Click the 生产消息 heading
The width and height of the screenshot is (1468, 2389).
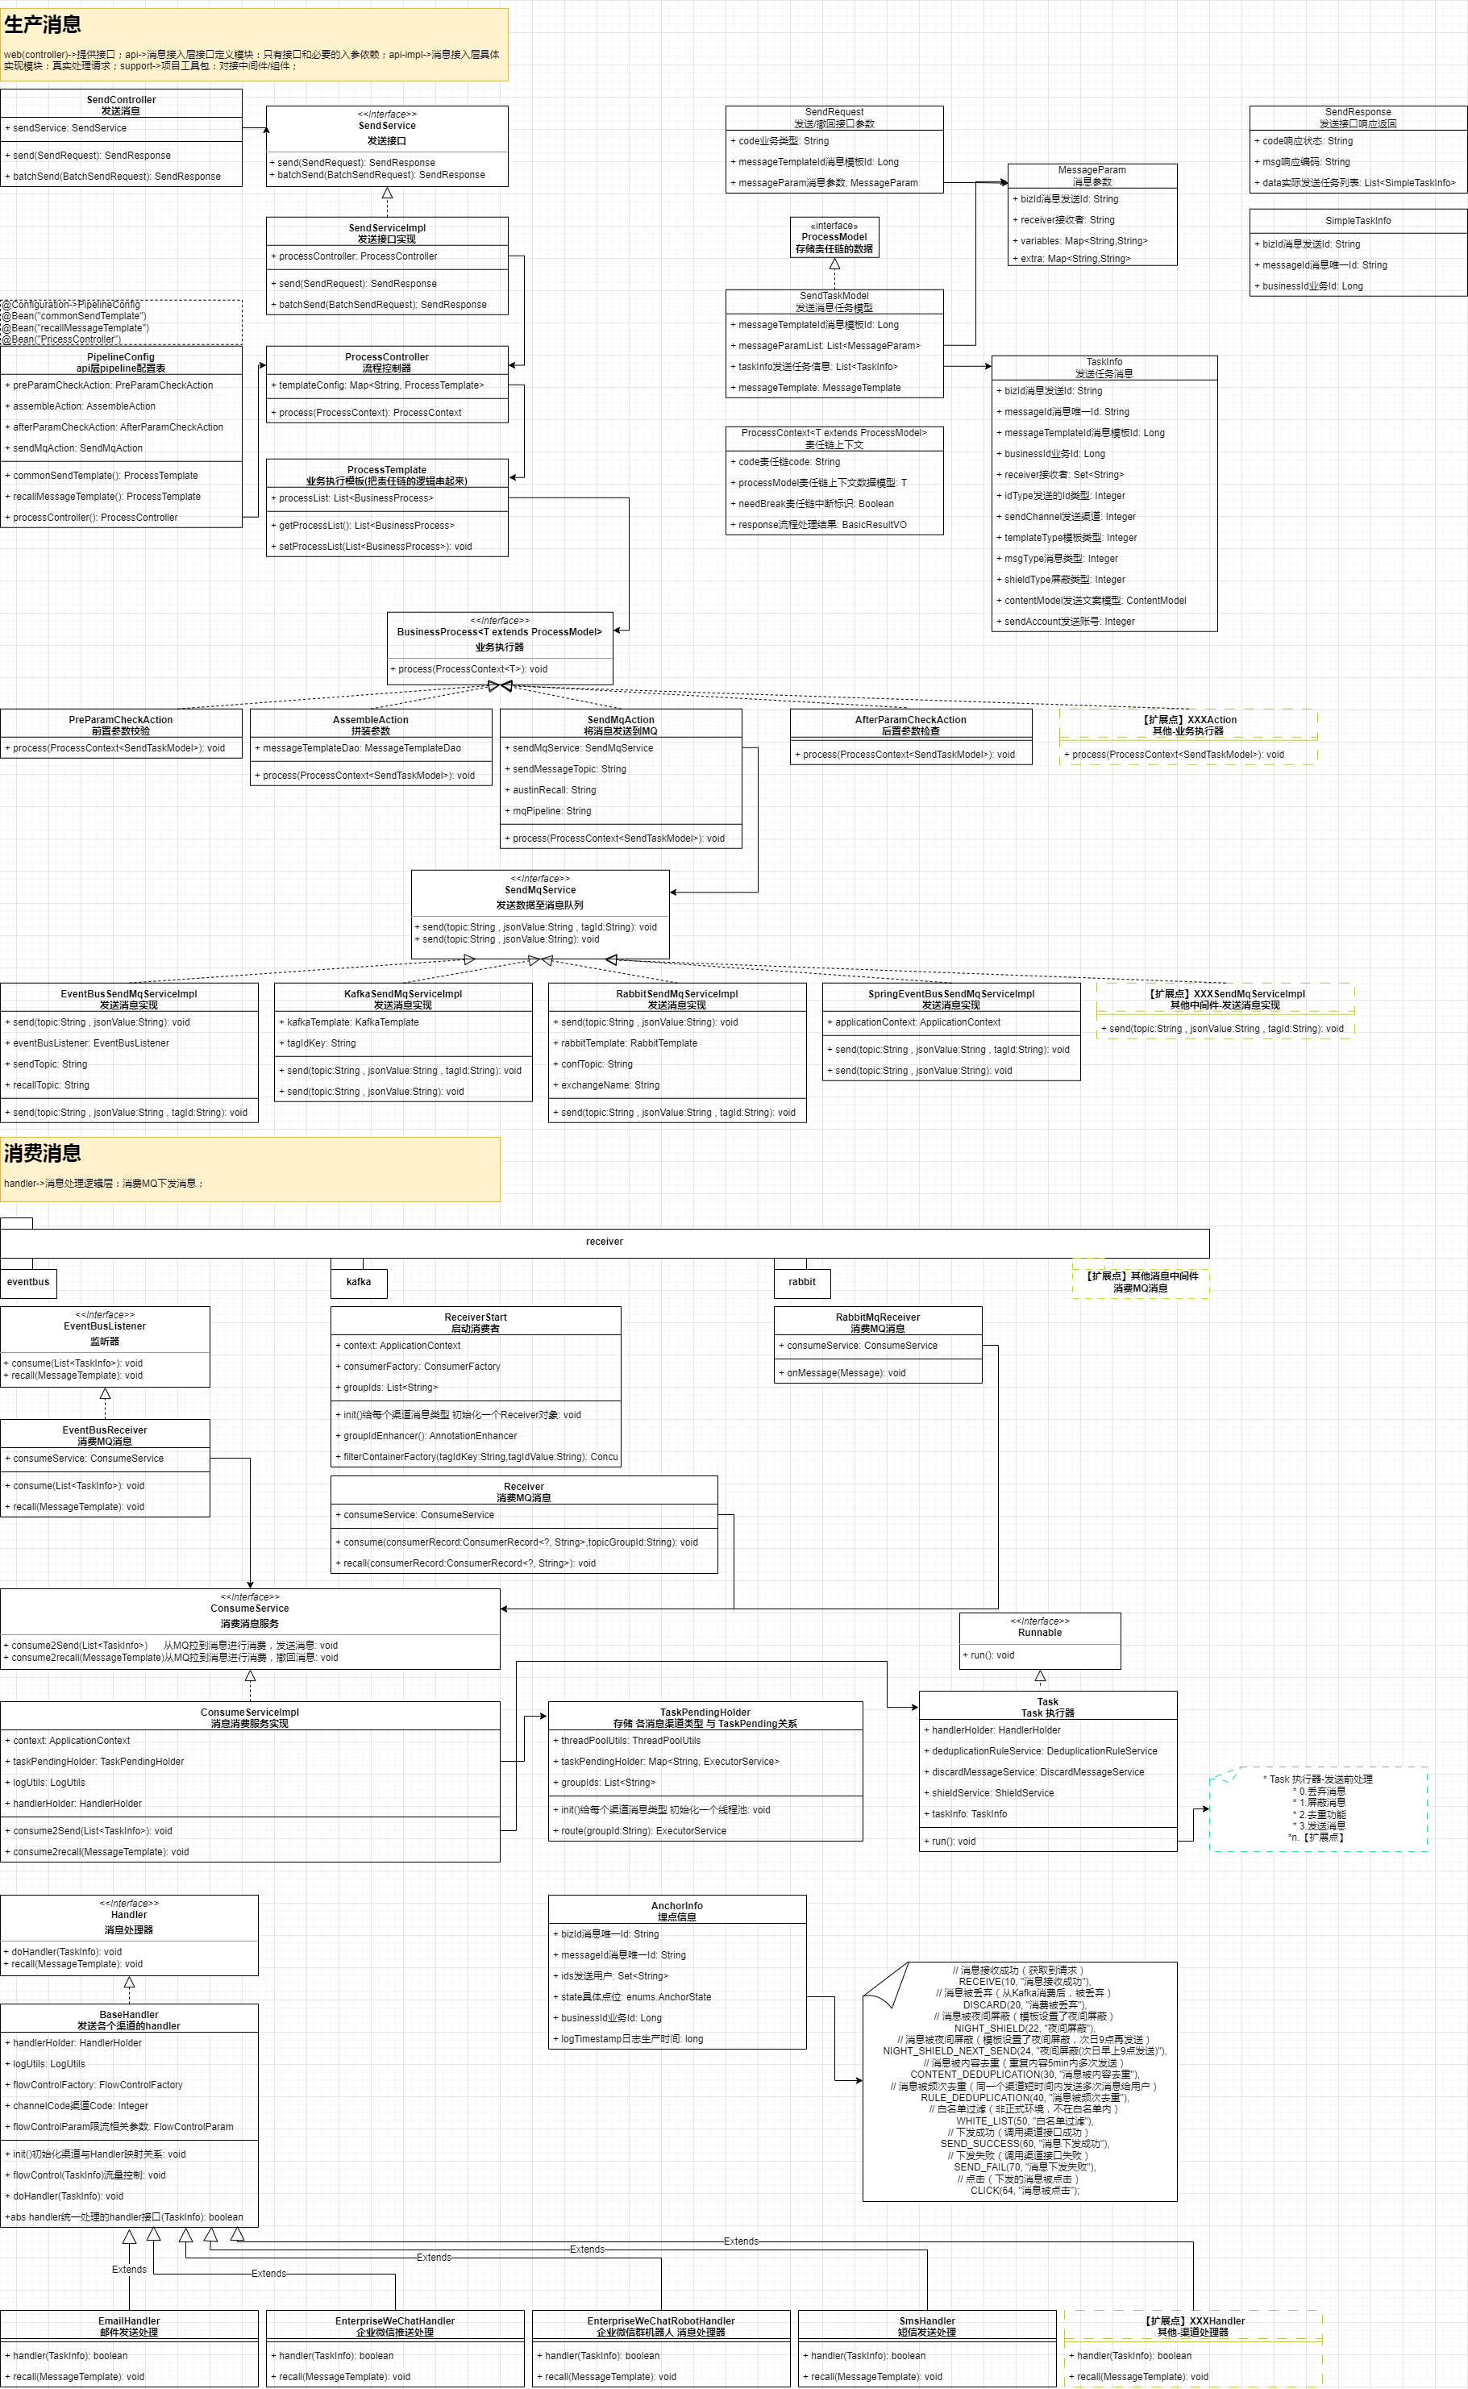pyautogui.click(x=43, y=24)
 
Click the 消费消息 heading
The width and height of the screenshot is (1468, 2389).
pyautogui.click(x=43, y=1152)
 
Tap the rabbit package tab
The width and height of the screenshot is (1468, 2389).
pyautogui.click(x=802, y=1281)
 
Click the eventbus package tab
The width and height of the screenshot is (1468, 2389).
pyautogui.click(x=28, y=1281)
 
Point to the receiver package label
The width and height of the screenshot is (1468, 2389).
pyautogui.click(x=604, y=1242)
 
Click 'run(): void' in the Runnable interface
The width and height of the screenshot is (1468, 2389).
pyautogui.click(x=992, y=1655)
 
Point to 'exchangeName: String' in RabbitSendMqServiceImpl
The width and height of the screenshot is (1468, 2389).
pyautogui.click(x=609, y=1085)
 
